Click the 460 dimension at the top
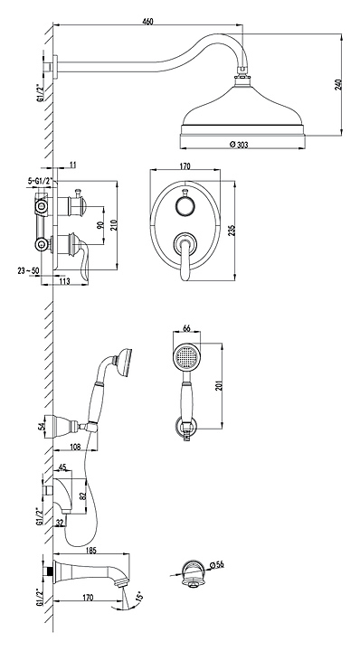pos(147,22)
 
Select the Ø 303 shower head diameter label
pos(238,145)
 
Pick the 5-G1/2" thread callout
pos(40,181)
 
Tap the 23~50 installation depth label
pos(28,270)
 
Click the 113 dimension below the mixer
pos(64,281)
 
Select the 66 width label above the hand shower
pos(186,328)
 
